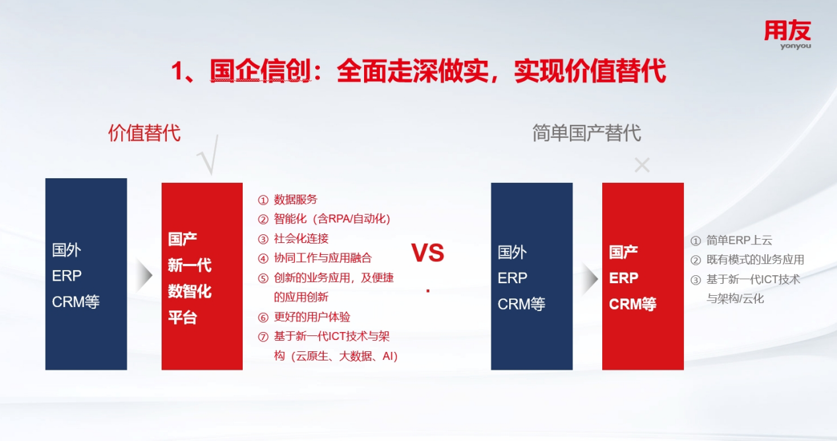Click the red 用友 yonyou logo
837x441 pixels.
788,34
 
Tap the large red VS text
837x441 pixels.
428,253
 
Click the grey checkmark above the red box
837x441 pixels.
208,155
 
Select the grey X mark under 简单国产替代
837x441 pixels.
642,165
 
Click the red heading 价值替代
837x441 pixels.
144,133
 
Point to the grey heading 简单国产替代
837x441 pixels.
586,133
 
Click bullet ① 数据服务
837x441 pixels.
288,199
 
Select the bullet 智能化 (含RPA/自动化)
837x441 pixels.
324,219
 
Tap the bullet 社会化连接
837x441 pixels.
293,238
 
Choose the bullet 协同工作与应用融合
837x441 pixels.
315,257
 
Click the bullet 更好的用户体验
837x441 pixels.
304,317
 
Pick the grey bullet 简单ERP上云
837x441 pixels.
731,240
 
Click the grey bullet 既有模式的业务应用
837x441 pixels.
747,259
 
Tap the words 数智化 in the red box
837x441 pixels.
189,291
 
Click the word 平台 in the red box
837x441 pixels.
182,318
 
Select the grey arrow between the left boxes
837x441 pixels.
144,275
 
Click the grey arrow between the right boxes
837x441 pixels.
590,279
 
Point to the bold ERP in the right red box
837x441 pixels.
624,278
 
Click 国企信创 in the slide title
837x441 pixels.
261,71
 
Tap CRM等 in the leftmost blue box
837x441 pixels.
75,302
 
